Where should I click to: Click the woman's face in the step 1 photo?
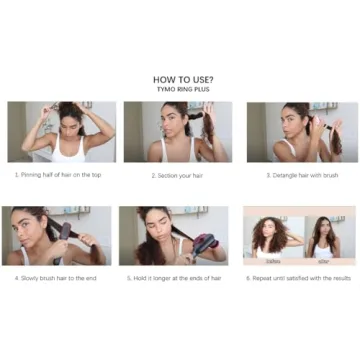pyautogui.click(x=67, y=128)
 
